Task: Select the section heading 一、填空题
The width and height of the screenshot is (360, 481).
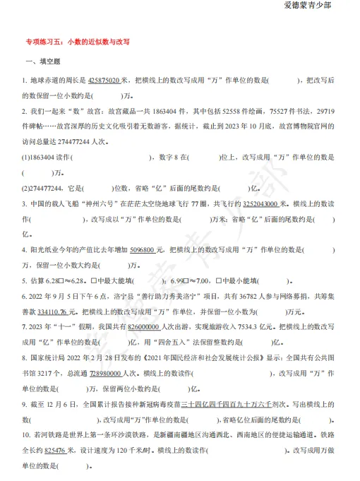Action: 43,63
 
